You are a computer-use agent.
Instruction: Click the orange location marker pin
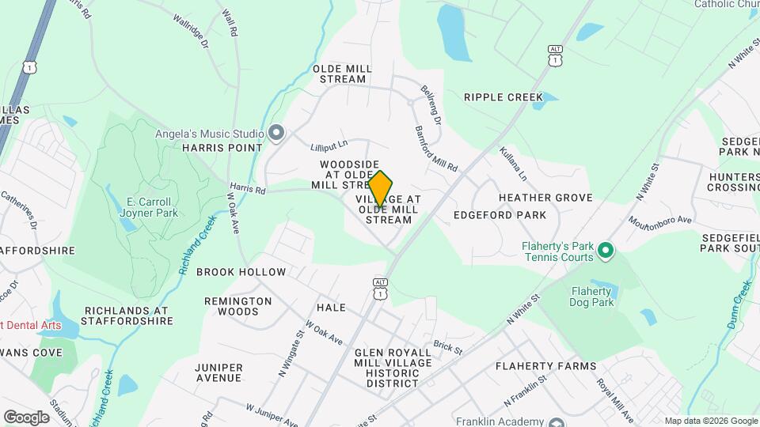pyautogui.click(x=380, y=189)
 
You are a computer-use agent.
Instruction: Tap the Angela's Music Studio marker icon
pyautogui.click(x=276, y=132)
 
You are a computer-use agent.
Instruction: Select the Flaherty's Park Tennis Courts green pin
pyautogui.click(x=606, y=251)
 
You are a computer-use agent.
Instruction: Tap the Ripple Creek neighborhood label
pyautogui.click(x=503, y=97)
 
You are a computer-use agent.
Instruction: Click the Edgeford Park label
pyautogui.click(x=500, y=215)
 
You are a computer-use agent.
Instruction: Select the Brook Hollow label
pyautogui.click(x=241, y=272)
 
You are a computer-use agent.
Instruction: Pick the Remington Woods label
pyautogui.click(x=237, y=306)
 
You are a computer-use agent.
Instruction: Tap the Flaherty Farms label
pyautogui.click(x=545, y=366)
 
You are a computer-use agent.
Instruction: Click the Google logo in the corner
pyautogui.click(x=26, y=417)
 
